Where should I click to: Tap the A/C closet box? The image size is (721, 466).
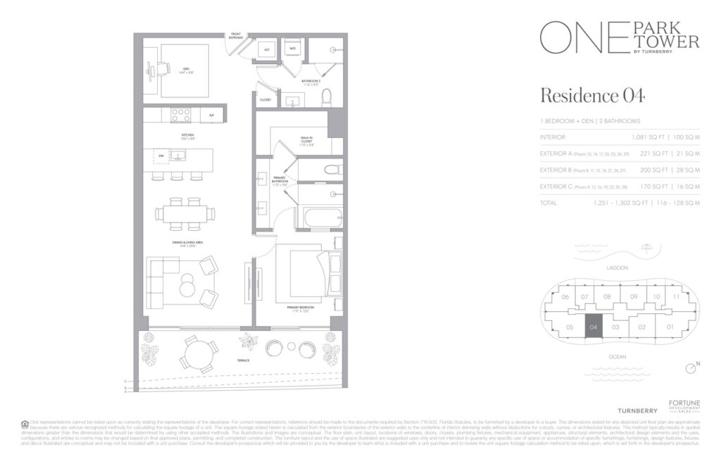[267, 49]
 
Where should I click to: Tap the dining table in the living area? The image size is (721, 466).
[184, 213]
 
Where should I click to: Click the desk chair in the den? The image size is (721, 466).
[162, 68]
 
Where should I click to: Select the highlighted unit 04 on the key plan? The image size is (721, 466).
[593, 327]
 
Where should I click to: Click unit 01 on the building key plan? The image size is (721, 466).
[670, 327]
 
